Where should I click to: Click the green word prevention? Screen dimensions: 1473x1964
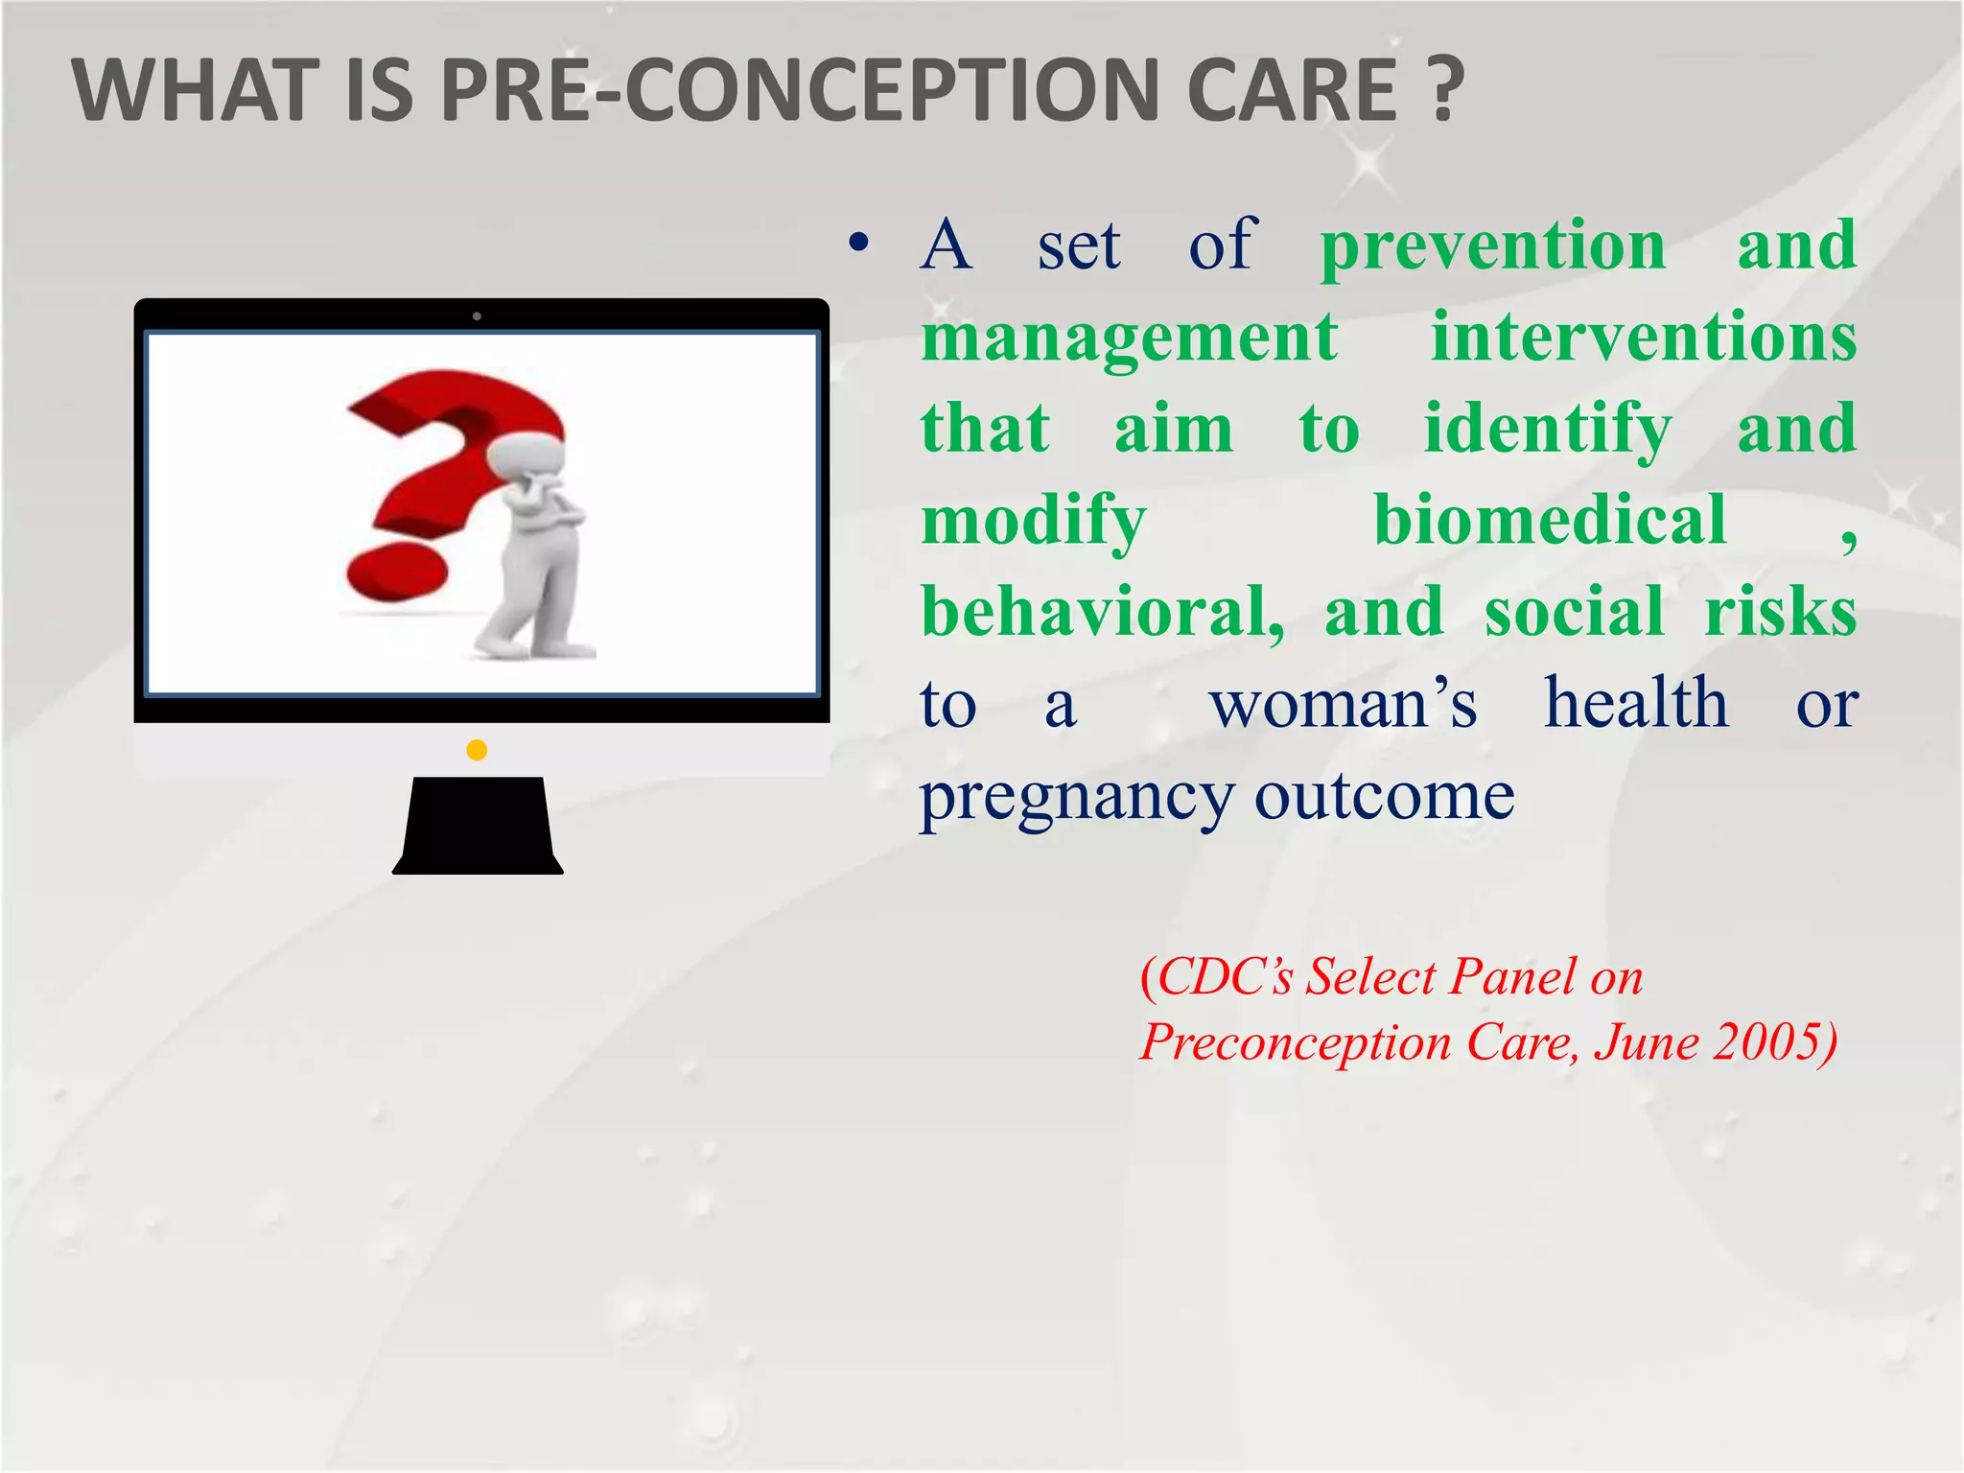(1493, 247)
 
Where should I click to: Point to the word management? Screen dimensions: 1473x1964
(1129, 338)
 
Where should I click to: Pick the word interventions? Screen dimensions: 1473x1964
(1644, 338)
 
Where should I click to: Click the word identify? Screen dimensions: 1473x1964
(1547, 430)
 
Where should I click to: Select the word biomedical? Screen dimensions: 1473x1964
(1550, 521)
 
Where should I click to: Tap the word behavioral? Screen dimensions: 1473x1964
(1102, 613)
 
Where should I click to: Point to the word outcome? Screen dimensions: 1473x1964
(1384, 797)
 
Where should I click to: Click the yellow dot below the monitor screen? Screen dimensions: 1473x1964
(477, 750)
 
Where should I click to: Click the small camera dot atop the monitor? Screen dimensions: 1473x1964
(477, 316)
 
